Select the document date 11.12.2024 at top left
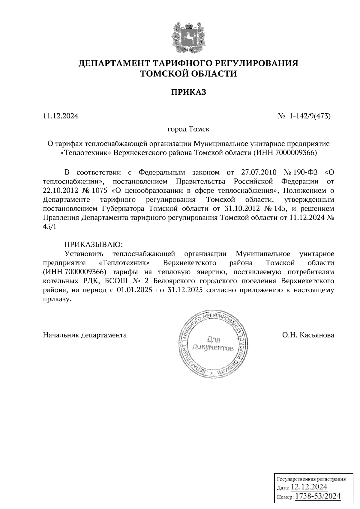(x=61, y=116)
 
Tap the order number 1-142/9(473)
(x=310, y=116)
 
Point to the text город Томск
(x=188, y=129)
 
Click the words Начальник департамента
(x=85, y=335)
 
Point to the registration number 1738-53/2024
(x=318, y=496)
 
